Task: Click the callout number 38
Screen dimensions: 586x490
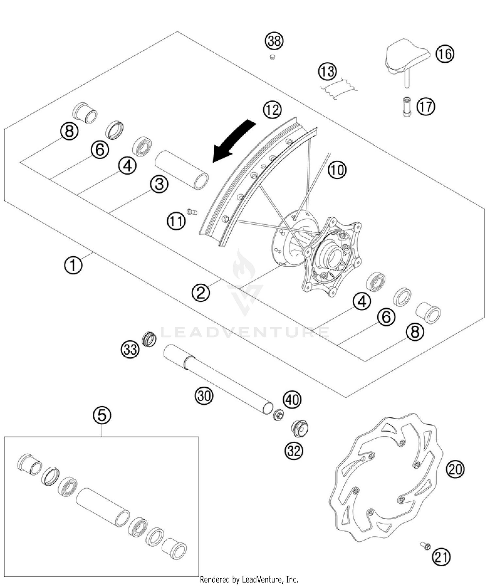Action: point(274,41)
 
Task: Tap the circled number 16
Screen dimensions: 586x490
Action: point(445,54)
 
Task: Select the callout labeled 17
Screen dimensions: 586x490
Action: point(426,107)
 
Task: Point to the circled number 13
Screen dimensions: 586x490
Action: point(327,72)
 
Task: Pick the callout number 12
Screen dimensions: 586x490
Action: point(272,110)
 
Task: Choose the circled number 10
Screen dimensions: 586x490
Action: point(337,170)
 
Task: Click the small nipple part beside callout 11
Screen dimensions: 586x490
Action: point(192,212)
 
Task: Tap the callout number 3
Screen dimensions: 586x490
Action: point(159,184)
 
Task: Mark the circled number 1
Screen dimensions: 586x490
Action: point(73,265)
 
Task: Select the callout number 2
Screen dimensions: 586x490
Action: point(201,293)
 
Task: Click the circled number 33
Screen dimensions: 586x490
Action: point(130,349)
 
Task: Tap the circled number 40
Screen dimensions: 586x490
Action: point(292,399)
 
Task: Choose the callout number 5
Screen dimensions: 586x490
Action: point(102,415)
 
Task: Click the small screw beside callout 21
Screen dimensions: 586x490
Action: point(425,545)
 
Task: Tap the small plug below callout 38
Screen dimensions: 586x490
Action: point(271,58)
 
